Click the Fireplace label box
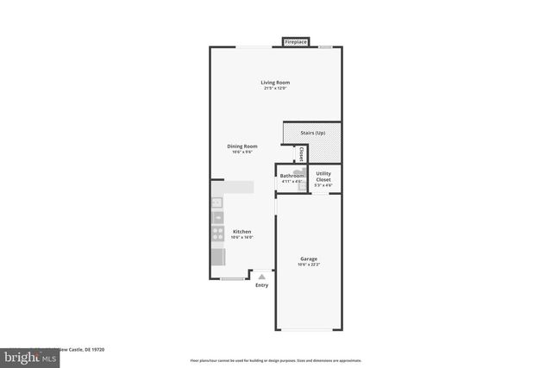(x=296, y=41)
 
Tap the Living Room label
(x=275, y=83)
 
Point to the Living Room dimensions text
(x=275, y=89)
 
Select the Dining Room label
(x=242, y=147)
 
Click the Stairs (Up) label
(x=312, y=133)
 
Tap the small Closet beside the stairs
(x=300, y=153)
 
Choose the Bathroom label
(x=292, y=176)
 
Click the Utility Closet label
(x=323, y=176)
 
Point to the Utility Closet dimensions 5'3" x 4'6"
(x=323, y=185)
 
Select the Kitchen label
(x=242, y=232)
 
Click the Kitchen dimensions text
(x=242, y=238)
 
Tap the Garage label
(x=309, y=259)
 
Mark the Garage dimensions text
(x=309, y=265)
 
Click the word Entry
(x=262, y=285)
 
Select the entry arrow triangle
(x=262, y=277)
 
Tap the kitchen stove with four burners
(x=217, y=232)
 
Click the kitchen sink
(x=216, y=204)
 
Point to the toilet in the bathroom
(x=303, y=183)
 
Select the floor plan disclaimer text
(x=275, y=361)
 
